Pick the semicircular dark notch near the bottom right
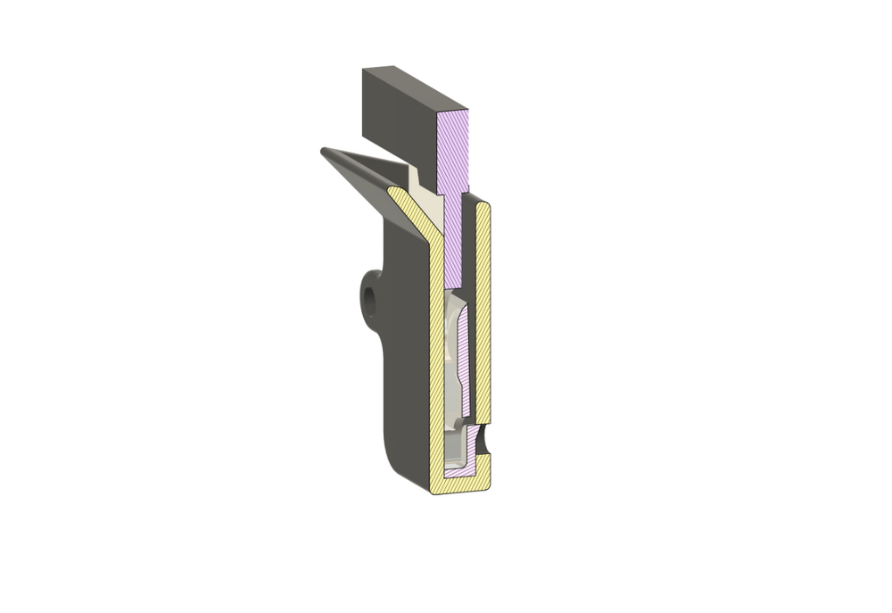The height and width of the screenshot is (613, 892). pyautogui.click(x=483, y=439)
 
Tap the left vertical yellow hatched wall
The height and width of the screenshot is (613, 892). pyautogui.click(x=437, y=357)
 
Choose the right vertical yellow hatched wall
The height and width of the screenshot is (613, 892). pyautogui.click(x=483, y=312)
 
